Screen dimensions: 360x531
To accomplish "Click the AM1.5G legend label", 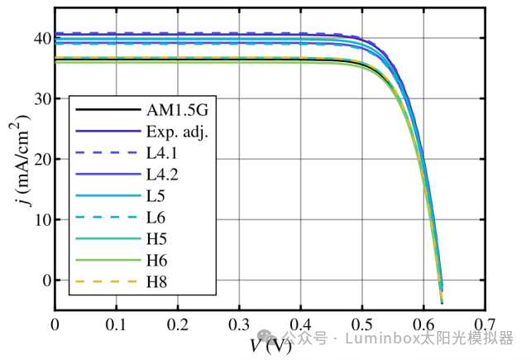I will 173,109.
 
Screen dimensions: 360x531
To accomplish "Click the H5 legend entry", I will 156,239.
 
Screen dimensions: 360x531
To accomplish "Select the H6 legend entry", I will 156,261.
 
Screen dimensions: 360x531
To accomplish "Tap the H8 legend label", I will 156,282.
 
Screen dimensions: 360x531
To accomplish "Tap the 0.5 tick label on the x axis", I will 361,323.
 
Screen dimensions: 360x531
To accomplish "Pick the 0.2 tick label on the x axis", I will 177,323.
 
